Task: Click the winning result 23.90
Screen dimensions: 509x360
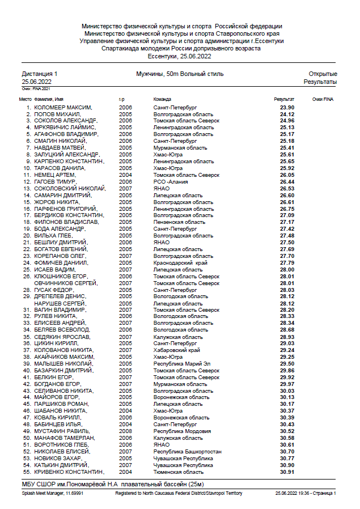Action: pyautogui.click(x=287, y=107)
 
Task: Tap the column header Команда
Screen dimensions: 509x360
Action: pyautogui.click(x=162, y=99)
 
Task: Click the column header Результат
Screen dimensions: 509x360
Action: pyautogui.click(x=285, y=99)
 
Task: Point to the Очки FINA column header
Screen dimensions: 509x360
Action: pyautogui.click(x=323, y=99)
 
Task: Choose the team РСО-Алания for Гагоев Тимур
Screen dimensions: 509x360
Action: pyautogui.click(x=171, y=181)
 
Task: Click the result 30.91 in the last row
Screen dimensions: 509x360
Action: pyautogui.click(x=287, y=472)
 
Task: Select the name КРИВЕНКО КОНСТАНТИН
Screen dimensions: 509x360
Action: pyautogui.click(x=69, y=472)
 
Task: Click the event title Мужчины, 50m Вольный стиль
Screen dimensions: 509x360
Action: pyautogui.click(x=180, y=74)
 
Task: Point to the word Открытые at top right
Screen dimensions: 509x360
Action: pyautogui.click(x=323, y=74)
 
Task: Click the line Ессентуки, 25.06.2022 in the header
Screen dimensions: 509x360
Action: pyautogui.click(x=180, y=56)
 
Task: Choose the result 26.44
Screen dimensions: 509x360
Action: pyautogui.click(x=287, y=181)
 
